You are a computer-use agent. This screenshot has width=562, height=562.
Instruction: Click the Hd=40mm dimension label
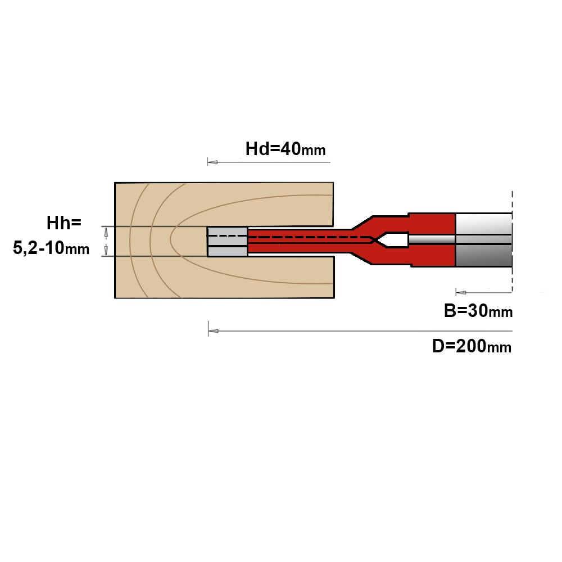click(285, 149)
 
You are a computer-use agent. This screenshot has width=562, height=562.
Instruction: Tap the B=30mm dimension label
click(478, 310)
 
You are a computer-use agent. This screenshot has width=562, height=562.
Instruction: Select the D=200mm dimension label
click(472, 346)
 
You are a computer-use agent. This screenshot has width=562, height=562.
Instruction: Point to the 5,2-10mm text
click(51, 248)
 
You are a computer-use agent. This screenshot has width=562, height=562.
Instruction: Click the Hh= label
click(64, 223)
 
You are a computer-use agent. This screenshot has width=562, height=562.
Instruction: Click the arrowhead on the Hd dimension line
click(212, 162)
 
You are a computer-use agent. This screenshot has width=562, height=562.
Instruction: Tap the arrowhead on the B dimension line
click(461, 292)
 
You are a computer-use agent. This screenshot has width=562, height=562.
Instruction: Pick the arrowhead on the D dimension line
click(213, 331)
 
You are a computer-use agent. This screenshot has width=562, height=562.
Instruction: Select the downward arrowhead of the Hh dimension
click(106, 250)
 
